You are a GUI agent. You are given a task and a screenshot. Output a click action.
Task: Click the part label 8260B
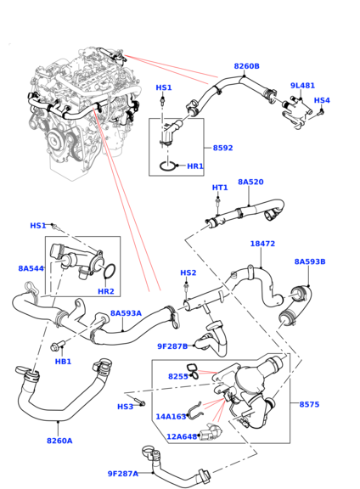coord(246,66)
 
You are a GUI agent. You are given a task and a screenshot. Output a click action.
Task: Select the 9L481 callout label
coord(302,86)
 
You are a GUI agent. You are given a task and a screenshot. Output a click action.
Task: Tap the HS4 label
coord(322,100)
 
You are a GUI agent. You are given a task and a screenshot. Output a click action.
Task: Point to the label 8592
coord(222,148)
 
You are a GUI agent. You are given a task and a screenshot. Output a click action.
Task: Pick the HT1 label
coord(220,188)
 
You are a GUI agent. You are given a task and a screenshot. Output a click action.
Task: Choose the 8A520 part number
coord(250,182)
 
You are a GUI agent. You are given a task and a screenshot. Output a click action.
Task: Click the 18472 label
coord(262,244)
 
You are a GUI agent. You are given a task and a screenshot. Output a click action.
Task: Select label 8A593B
coord(310,261)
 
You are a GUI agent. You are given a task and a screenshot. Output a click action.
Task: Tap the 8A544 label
coord(31,268)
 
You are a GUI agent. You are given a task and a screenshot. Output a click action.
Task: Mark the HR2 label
coord(105,291)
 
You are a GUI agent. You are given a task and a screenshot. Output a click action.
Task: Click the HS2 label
coord(188,273)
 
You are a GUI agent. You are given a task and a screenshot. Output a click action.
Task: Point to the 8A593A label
coord(126,313)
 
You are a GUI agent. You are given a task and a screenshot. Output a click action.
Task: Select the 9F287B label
coord(172,346)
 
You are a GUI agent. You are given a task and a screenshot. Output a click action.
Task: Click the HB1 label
coord(63,362)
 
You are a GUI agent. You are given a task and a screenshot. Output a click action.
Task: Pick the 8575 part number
coord(309,404)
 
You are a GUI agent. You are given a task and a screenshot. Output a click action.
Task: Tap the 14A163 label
coord(171,417)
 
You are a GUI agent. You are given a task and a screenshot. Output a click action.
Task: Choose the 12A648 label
coord(181,436)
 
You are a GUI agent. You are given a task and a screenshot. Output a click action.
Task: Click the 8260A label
coord(59,441)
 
